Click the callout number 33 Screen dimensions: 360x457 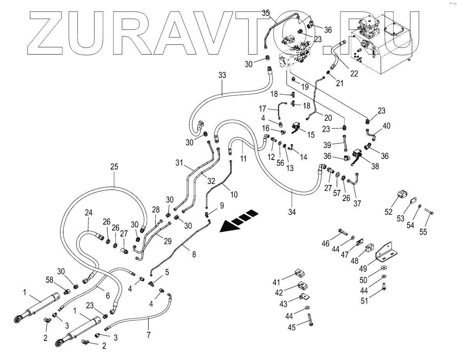click(x=222, y=76)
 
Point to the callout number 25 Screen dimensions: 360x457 click(x=114, y=167)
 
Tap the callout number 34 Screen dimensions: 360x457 click(x=292, y=212)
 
